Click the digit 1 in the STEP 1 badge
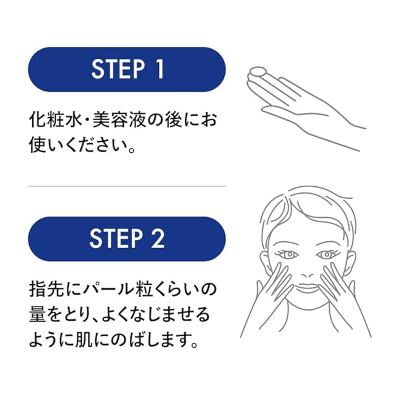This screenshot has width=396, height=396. tap(160, 69)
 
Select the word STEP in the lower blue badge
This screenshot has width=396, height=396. tap(116, 239)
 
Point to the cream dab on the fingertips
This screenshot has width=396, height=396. tap(259, 72)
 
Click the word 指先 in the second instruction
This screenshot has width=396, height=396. tap(45, 290)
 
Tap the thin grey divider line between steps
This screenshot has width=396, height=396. tap(127, 186)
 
